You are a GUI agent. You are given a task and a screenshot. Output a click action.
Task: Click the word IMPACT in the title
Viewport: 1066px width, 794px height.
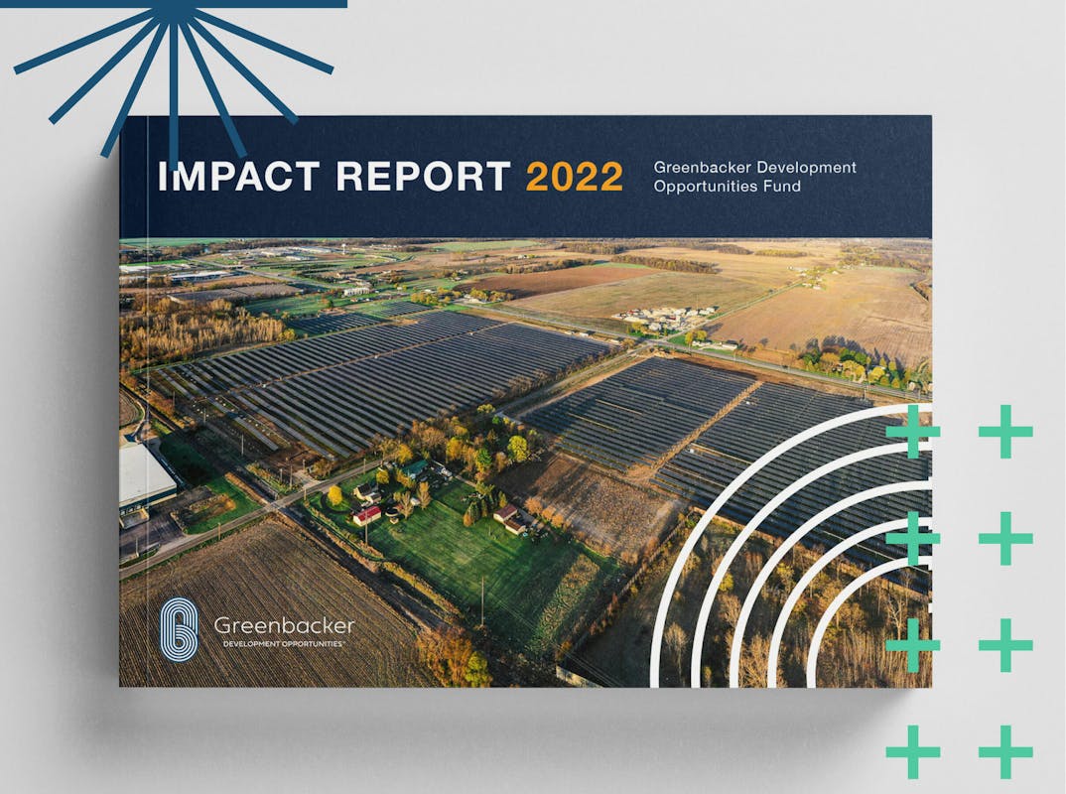[x=238, y=176]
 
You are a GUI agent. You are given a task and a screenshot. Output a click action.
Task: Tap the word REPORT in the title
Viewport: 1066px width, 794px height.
[x=423, y=176]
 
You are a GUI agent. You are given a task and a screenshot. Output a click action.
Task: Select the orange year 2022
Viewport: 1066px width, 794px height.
[x=575, y=177]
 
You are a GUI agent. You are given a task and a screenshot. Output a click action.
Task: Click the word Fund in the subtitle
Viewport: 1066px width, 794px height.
[x=783, y=187]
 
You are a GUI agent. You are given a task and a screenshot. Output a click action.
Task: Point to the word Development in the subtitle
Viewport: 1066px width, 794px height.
[x=806, y=167]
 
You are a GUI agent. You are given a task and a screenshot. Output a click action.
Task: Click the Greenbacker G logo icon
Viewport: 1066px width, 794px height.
[x=179, y=629]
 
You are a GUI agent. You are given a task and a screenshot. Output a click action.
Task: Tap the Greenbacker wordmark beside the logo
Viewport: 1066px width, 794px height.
[x=284, y=625]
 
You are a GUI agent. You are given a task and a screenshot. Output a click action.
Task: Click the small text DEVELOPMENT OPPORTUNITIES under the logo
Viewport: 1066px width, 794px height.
[x=284, y=644]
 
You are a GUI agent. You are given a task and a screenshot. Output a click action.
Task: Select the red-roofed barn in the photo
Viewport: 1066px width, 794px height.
[x=366, y=515]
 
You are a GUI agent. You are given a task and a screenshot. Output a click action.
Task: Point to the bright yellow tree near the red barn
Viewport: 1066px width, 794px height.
[x=334, y=495]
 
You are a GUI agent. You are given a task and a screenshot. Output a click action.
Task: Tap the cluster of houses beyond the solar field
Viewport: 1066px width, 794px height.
[x=663, y=319]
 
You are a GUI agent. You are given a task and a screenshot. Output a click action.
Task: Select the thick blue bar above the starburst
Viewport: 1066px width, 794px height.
[x=174, y=3]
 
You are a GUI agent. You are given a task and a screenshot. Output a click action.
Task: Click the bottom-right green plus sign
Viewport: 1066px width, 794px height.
[x=1005, y=752]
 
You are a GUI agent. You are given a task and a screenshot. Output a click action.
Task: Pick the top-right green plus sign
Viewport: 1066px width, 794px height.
[x=1005, y=432]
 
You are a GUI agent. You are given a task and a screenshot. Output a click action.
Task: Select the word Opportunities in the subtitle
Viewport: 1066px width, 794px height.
[x=706, y=187]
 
